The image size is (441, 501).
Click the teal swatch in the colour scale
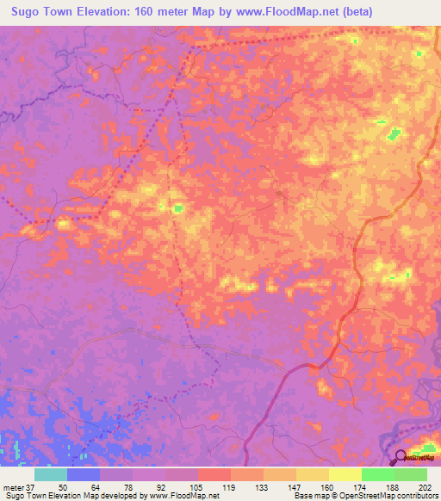[x=51, y=474]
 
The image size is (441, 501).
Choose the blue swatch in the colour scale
[x=84, y=474]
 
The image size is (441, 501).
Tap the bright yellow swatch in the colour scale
[x=345, y=474]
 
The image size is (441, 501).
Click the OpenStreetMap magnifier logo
[x=401, y=459]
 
